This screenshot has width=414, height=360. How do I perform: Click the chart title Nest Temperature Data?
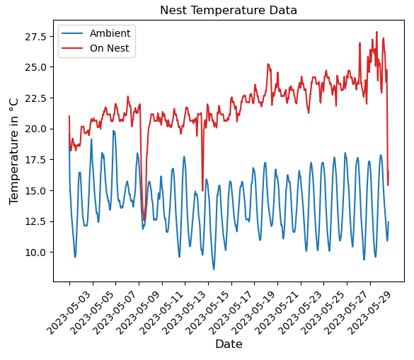click(228, 11)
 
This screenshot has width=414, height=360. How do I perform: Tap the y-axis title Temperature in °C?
click(13, 151)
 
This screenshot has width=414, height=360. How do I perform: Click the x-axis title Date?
click(229, 344)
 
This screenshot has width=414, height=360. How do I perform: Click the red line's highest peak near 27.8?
click(376, 32)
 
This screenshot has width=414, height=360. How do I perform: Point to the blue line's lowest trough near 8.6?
click(214, 269)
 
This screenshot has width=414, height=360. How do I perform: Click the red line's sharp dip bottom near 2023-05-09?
click(144, 219)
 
